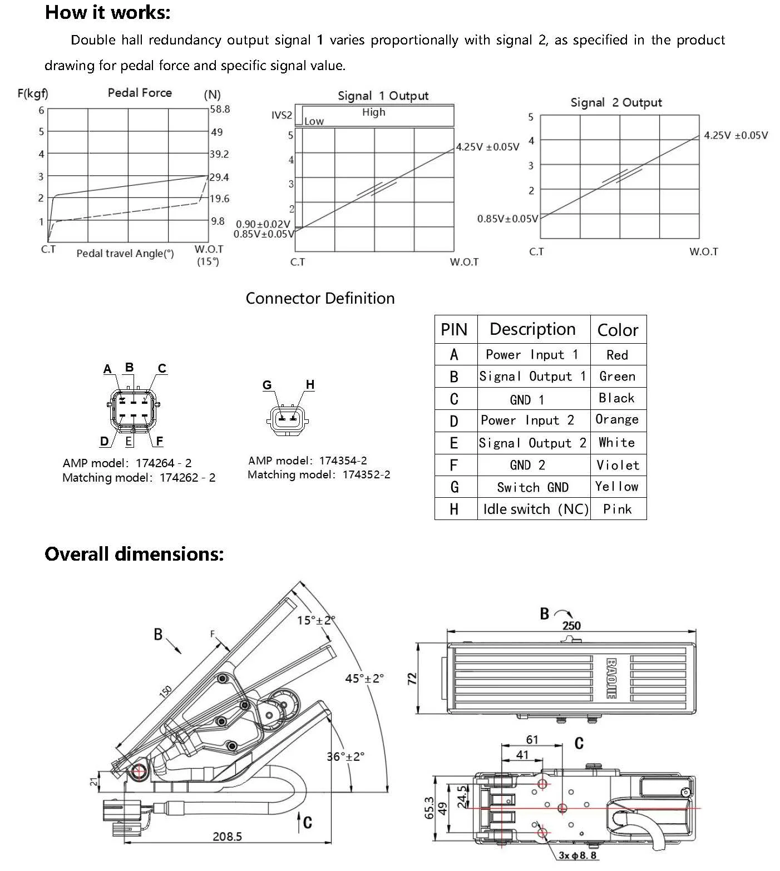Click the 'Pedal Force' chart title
click(140, 93)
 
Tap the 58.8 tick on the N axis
click(220, 109)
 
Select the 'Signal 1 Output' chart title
click(383, 96)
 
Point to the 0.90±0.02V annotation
click(263, 224)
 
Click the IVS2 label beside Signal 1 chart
click(282, 115)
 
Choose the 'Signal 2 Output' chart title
click(616, 102)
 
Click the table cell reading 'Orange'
click(617, 419)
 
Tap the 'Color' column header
click(618, 330)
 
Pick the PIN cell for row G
click(455, 487)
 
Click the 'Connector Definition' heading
click(320, 298)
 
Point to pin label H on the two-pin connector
click(310, 384)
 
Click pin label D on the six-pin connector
click(104, 441)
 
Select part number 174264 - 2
click(164, 463)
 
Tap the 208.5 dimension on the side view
click(227, 836)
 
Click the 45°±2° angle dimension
click(364, 678)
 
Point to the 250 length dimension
click(571, 625)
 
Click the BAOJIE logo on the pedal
click(610, 679)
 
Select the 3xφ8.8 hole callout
click(577, 855)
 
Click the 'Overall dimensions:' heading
click(134, 554)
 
